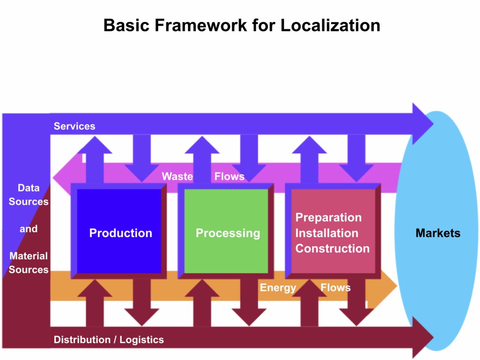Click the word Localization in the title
[x=330, y=25]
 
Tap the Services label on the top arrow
[x=74, y=126]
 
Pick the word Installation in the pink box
[x=326, y=233]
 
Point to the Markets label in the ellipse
[x=438, y=233]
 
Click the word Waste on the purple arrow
[x=177, y=177]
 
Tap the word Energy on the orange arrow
[x=278, y=287]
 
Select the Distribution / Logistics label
[x=109, y=340]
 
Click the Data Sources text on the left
[x=29, y=195]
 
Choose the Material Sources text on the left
[x=29, y=262]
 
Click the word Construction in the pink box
[x=332, y=248]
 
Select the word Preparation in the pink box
[x=328, y=217]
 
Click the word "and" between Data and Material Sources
[x=29, y=229]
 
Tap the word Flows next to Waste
[x=229, y=177]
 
